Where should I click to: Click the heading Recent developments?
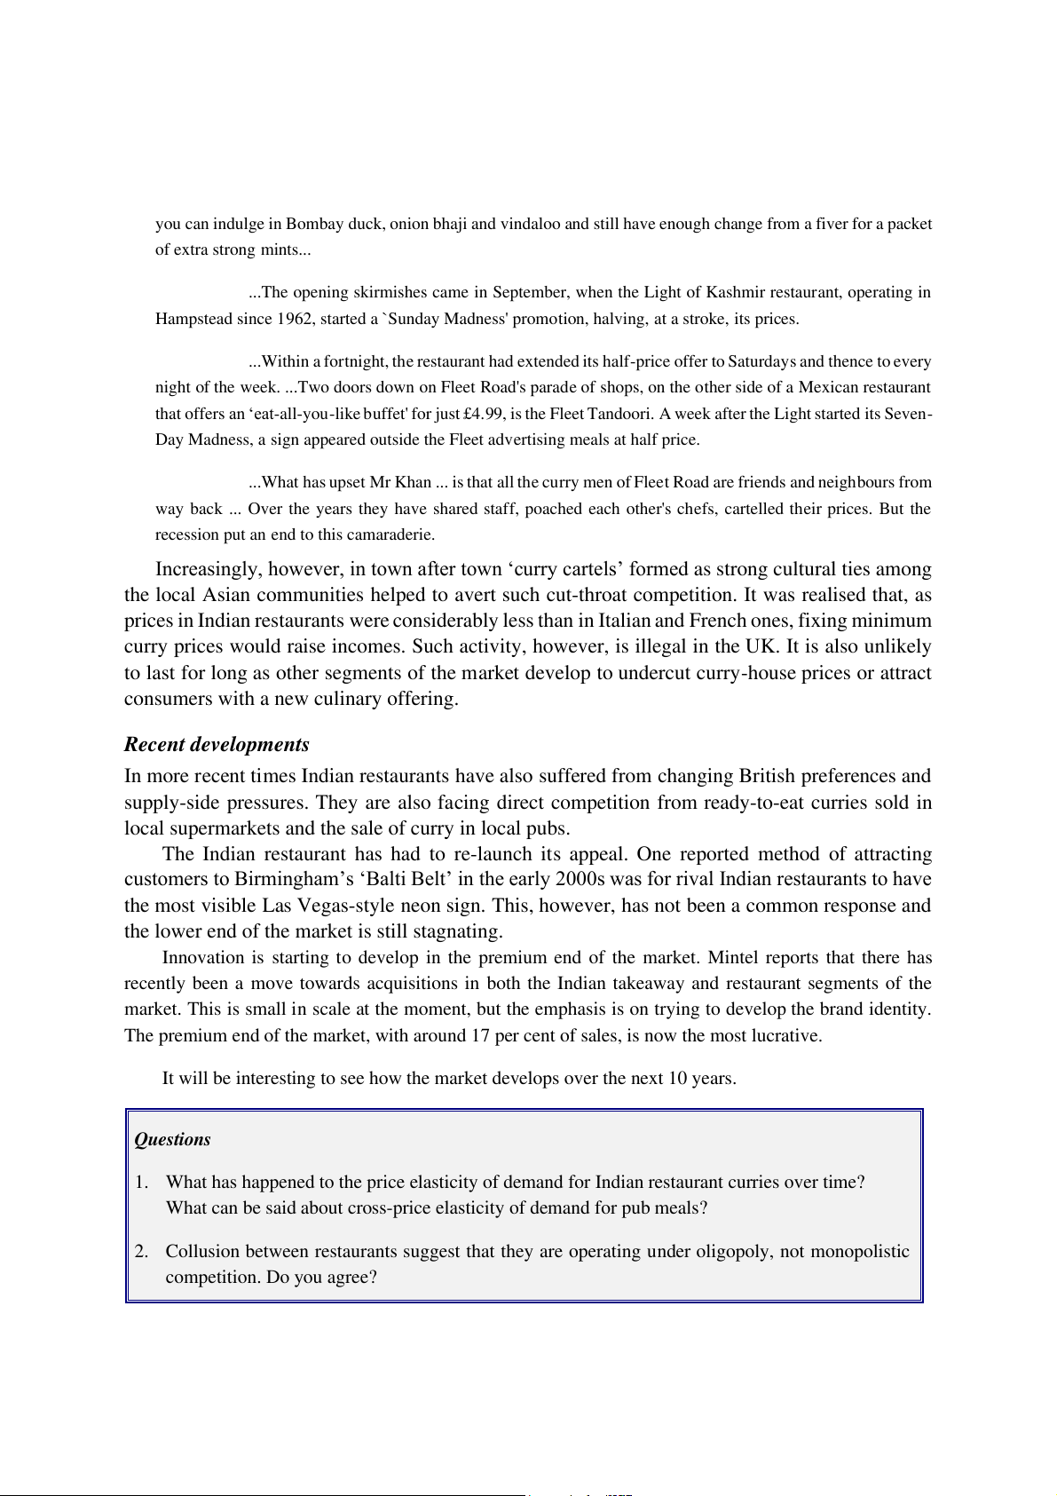[217, 744]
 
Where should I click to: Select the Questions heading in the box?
[172, 1139]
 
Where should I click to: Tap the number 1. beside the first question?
[141, 1182]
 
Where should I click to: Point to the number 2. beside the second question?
[141, 1251]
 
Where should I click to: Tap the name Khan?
[413, 482]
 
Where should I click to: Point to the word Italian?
[625, 621]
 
